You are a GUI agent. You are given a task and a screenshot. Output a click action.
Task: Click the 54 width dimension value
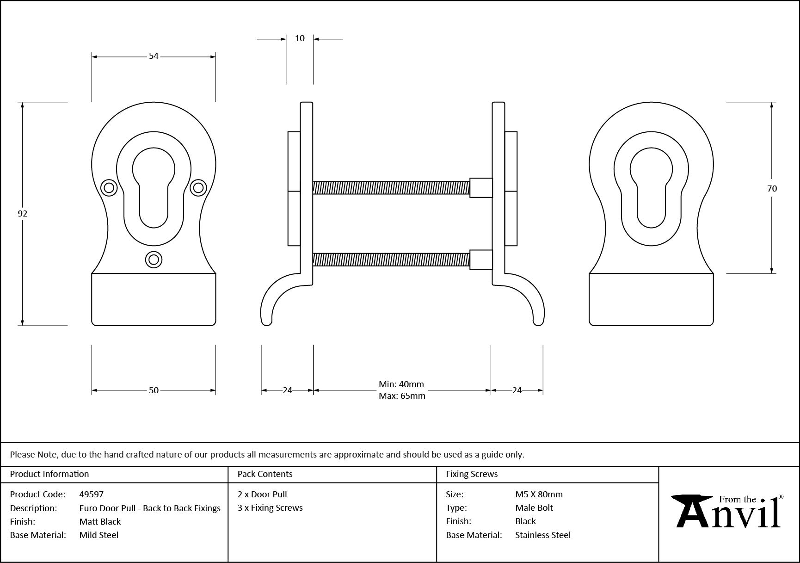click(x=154, y=56)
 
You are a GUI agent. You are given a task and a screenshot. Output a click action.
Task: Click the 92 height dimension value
click(x=22, y=213)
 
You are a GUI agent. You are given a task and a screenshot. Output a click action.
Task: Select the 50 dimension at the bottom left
click(x=154, y=390)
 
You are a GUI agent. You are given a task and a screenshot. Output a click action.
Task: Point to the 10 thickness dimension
click(x=300, y=38)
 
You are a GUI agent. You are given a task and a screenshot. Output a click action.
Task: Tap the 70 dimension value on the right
click(x=771, y=188)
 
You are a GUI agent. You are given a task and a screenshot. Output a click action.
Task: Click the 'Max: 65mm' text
click(x=402, y=396)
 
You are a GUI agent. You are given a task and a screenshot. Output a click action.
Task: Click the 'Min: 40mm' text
click(x=401, y=384)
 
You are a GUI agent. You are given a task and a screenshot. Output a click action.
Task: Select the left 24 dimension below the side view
click(x=287, y=390)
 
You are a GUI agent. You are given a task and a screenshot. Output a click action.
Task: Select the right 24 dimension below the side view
click(x=517, y=390)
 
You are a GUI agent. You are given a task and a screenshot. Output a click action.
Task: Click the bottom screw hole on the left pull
click(x=154, y=260)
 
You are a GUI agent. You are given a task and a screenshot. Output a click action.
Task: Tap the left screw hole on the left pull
click(x=109, y=187)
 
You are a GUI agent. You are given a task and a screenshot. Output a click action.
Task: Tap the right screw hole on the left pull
click(x=198, y=187)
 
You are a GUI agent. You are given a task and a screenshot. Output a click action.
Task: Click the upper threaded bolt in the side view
click(x=391, y=187)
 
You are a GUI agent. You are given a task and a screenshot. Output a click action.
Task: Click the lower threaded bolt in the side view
click(x=391, y=260)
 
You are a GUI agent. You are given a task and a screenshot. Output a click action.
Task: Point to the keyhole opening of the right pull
click(x=651, y=185)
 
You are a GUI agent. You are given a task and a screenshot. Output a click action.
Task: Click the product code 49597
click(x=92, y=494)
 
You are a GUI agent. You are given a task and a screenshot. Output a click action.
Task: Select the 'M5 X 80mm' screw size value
click(x=539, y=494)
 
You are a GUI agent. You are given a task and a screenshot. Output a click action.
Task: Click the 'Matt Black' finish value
click(x=100, y=521)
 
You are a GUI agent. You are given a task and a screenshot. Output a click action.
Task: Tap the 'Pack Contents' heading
click(x=265, y=474)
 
